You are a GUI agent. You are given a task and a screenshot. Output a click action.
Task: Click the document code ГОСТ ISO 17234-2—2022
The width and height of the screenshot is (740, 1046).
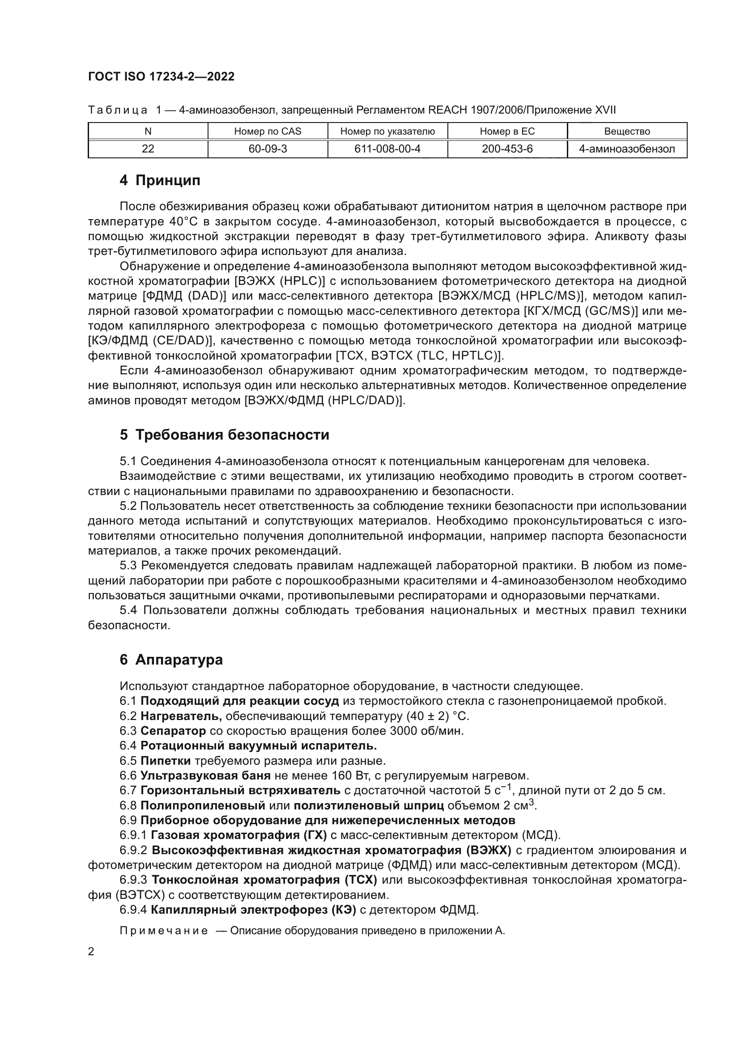coord(162,76)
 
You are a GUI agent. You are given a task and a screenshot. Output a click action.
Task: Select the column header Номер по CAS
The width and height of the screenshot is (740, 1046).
coord(268,131)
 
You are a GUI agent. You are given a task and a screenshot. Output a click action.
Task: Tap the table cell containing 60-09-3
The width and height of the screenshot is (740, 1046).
coord(268,149)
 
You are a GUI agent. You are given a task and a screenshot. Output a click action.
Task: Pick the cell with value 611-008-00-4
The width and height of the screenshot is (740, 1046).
coord(387,149)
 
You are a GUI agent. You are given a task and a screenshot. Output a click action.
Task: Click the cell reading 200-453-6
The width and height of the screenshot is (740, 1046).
coord(507,149)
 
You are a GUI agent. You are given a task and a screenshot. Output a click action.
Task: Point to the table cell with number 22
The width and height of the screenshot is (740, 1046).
coord(148,149)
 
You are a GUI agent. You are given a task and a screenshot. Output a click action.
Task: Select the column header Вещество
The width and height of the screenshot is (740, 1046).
coord(627,131)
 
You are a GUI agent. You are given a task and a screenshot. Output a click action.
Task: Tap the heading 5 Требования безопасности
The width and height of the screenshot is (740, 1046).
coord(224,435)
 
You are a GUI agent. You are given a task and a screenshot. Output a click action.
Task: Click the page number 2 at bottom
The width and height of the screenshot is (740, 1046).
coord(91,952)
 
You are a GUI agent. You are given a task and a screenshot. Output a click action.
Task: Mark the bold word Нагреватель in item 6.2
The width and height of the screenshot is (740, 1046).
coord(181,716)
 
